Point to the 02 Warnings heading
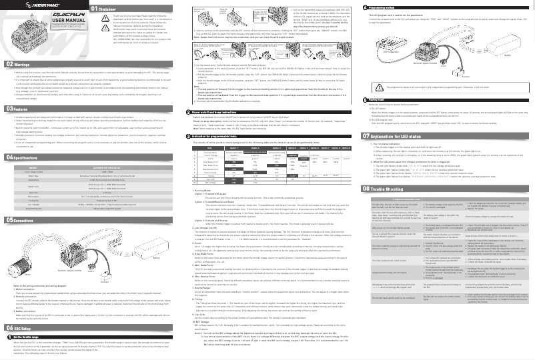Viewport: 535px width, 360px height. coord(20,64)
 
